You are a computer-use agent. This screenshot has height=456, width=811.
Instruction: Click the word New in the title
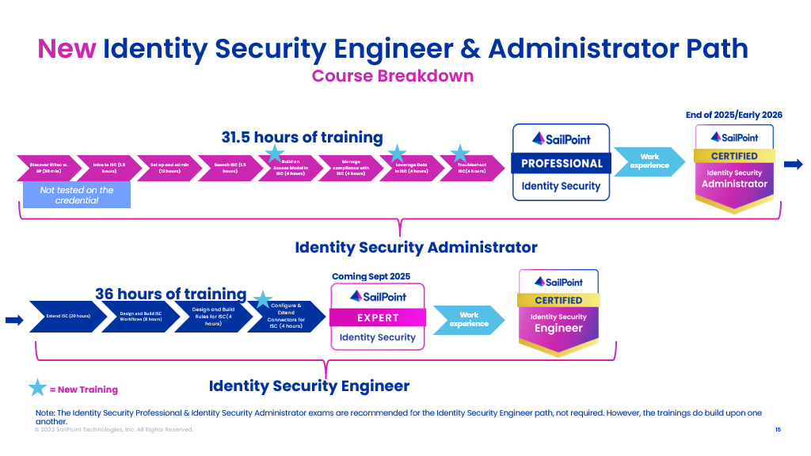[67, 49]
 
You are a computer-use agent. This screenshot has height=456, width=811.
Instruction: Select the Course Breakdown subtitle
[392, 76]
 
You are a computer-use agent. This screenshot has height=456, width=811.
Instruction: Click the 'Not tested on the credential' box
[77, 196]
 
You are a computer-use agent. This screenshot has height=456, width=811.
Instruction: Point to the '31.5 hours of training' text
[302, 137]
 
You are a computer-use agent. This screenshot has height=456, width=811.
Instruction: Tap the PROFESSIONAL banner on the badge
[562, 163]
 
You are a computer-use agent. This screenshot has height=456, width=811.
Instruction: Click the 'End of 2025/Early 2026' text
[733, 115]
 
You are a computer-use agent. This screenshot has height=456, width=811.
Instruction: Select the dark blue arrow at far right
[793, 164]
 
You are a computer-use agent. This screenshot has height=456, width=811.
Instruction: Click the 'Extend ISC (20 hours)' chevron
[68, 317]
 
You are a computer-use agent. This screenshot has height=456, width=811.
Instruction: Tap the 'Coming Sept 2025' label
[371, 276]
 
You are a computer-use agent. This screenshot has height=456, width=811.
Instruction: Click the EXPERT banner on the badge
[378, 317]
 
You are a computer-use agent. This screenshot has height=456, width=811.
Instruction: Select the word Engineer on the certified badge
[558, 329]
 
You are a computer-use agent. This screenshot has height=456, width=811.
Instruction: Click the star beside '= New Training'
[37, 388]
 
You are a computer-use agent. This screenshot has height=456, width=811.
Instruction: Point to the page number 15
[778, 429]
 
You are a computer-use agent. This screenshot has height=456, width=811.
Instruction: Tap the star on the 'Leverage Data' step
[396, 153]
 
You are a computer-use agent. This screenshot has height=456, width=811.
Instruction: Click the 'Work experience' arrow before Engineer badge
[469, 320]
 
